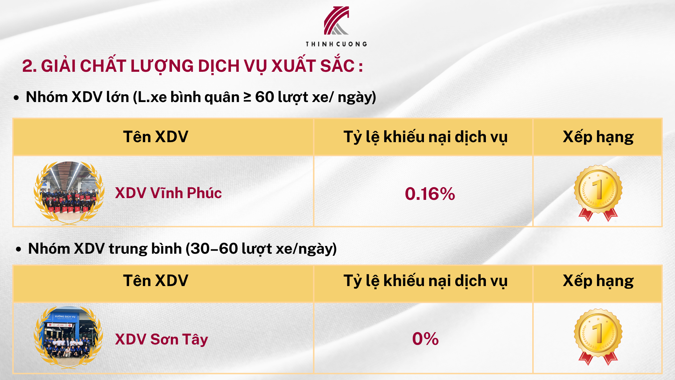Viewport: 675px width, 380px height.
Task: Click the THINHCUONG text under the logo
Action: pyautogui.click(x=336, y=44)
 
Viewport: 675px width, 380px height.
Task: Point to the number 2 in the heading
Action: pyautogui.click(x=27, y=66)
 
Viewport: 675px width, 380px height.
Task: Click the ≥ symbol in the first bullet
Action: pyautogui.click(x=247, y=97)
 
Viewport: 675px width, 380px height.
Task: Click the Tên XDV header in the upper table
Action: pyautogui.click(x=156, y=137)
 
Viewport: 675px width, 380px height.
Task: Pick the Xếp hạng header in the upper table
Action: pyautogui.click(x=598, y=137)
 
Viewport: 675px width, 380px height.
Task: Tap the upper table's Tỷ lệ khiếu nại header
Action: pyautogui.click(x=425, y=137)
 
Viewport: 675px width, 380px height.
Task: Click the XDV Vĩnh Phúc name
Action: pyautogui.click(x=168, y=193)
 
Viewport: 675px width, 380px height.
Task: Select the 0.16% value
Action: pyautogui.click(x=430, y=194)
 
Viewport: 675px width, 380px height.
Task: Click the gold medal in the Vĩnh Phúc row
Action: pyautogui.click(x=598, y=193)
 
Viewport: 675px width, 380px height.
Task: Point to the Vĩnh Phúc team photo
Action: pyautogui.click(x=69, y=192)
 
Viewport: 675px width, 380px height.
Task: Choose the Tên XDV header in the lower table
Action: pyautogui.click(x=156, y=280)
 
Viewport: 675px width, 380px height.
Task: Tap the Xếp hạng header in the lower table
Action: pyautogui.click(x=598, y=281)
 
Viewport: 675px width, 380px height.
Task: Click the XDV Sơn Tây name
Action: pyautogui.click(x=161, y=339)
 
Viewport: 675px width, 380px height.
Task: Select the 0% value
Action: pyautogui.click(x=425, y=339)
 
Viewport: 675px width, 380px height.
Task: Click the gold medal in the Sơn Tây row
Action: pyautogui.click(x=598, y=337)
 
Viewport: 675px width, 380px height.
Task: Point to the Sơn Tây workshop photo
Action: pyautogui.click(x=69, y=337)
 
